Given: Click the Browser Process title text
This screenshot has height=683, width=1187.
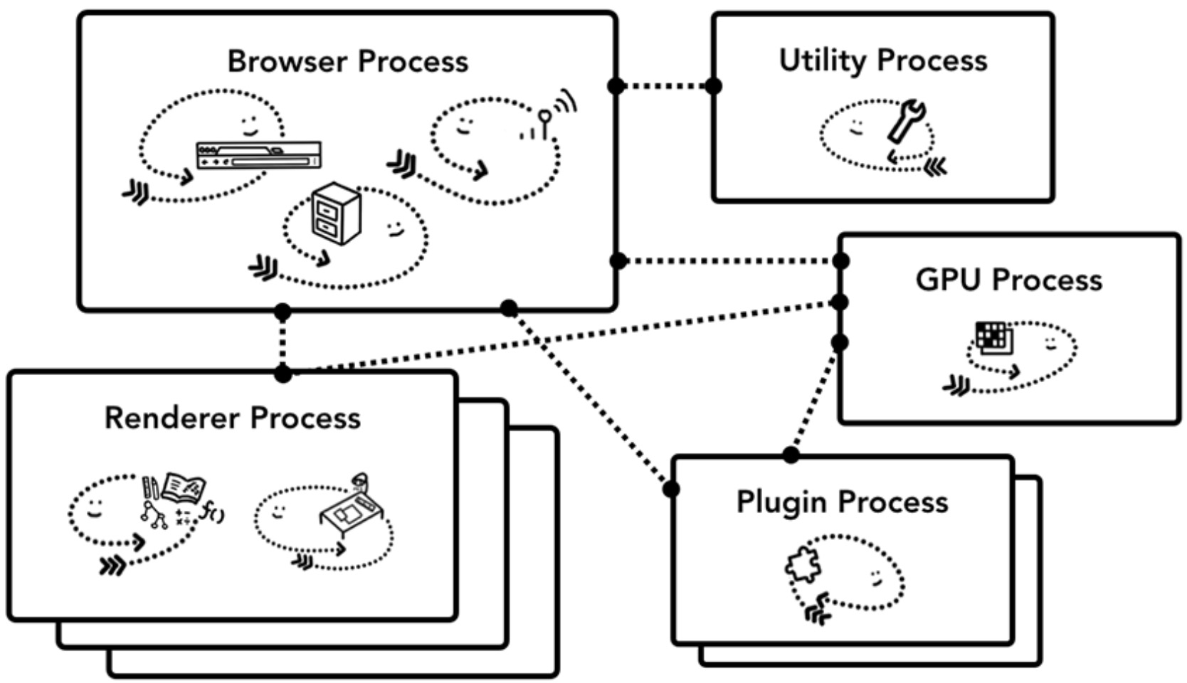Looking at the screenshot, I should point(347,61).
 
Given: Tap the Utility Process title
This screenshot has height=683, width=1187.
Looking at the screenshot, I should point(882,60).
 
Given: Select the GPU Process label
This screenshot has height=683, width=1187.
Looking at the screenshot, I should point(1008,280).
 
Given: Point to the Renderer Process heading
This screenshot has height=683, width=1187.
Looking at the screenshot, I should point(232,418).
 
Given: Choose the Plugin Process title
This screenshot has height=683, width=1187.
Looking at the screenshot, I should point(842,502).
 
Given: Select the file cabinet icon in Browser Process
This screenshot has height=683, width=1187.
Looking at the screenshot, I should point(336,213).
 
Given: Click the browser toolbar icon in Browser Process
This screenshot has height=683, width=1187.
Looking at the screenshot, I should point(258,155).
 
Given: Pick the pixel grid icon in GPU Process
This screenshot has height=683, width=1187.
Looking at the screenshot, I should point(993,337).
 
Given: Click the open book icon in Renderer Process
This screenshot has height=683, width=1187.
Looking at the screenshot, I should point(184,487).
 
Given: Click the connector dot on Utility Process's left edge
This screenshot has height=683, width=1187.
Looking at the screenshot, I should point(713,86).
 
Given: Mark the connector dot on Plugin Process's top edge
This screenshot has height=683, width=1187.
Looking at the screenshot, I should point(791,455).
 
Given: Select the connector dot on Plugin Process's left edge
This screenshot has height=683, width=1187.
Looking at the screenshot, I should point(671,489).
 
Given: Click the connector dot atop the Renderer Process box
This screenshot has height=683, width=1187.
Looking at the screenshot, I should point(283,374).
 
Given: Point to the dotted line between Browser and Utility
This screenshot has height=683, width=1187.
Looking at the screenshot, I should point(665,86).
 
